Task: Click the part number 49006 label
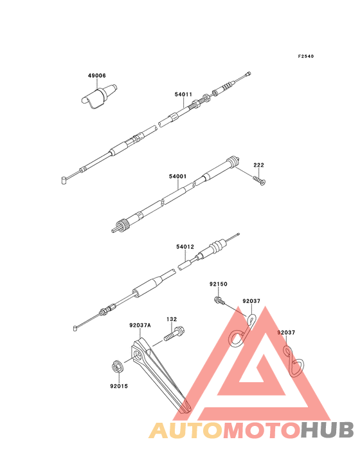coord(96,76)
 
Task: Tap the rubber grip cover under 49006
coord(98,95)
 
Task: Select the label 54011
coord(183,95)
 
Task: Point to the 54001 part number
coord(177,176)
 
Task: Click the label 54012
coord(185,246)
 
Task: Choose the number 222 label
coord(258,165)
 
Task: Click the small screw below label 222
coord(259,181)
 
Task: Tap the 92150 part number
coord(219,284)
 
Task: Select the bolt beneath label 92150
coord(219,300)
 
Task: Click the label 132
coord(172,319)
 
